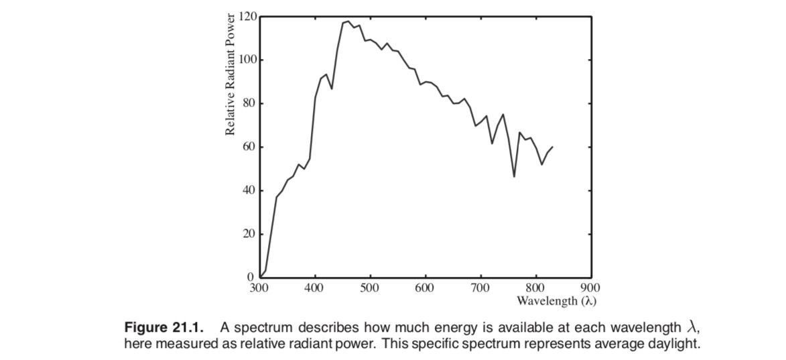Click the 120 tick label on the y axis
[x=249, y=16]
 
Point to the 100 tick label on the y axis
[x=249, y=60]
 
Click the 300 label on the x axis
[x=258, y=288]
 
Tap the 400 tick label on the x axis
[x=314, y=288]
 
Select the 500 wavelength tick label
[x=369, y=288]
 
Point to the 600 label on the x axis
[x=424, y=288]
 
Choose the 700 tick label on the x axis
[x=480, y=288]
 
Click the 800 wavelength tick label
[x=535, y=288]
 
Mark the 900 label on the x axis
[x=590, y=288]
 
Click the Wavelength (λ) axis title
[x=556, y=300]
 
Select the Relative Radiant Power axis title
[x=231, y=74]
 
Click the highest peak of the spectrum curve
[x=348, y=21]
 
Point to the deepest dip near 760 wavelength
[x=514, y=176]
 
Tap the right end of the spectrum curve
[x=553, y=146]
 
